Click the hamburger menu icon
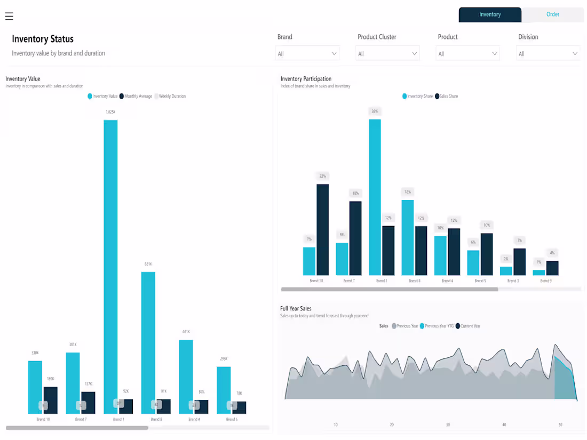[x=9, y=16]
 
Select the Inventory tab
[x=489, y=14]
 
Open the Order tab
[x=552, y=14]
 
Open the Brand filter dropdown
[x=307, y=53]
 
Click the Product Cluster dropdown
[x=387, y=53]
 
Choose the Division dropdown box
[x=548, y=53]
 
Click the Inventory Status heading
[x=43, y=39]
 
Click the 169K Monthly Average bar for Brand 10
[x=50, y=400]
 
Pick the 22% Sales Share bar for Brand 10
[x=322, y=229]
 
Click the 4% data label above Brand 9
[x=552, y=253]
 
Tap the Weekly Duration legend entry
[x=171, y=97]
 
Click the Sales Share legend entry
[x=447, y=97]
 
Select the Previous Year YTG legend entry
[x=439, y=326]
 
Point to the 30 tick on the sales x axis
[x=448, y=425]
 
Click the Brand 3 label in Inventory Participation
[x=513, y=281]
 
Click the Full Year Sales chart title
[x=296, y=308]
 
